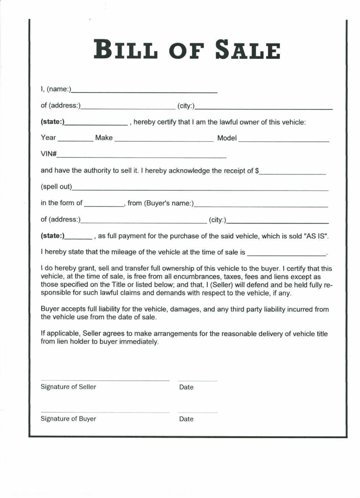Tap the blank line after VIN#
click(141, 157)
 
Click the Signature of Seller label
click(69, 387)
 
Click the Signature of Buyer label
click(68, 419)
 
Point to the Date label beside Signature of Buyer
click(186, 419)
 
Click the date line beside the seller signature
click(197, 381)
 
